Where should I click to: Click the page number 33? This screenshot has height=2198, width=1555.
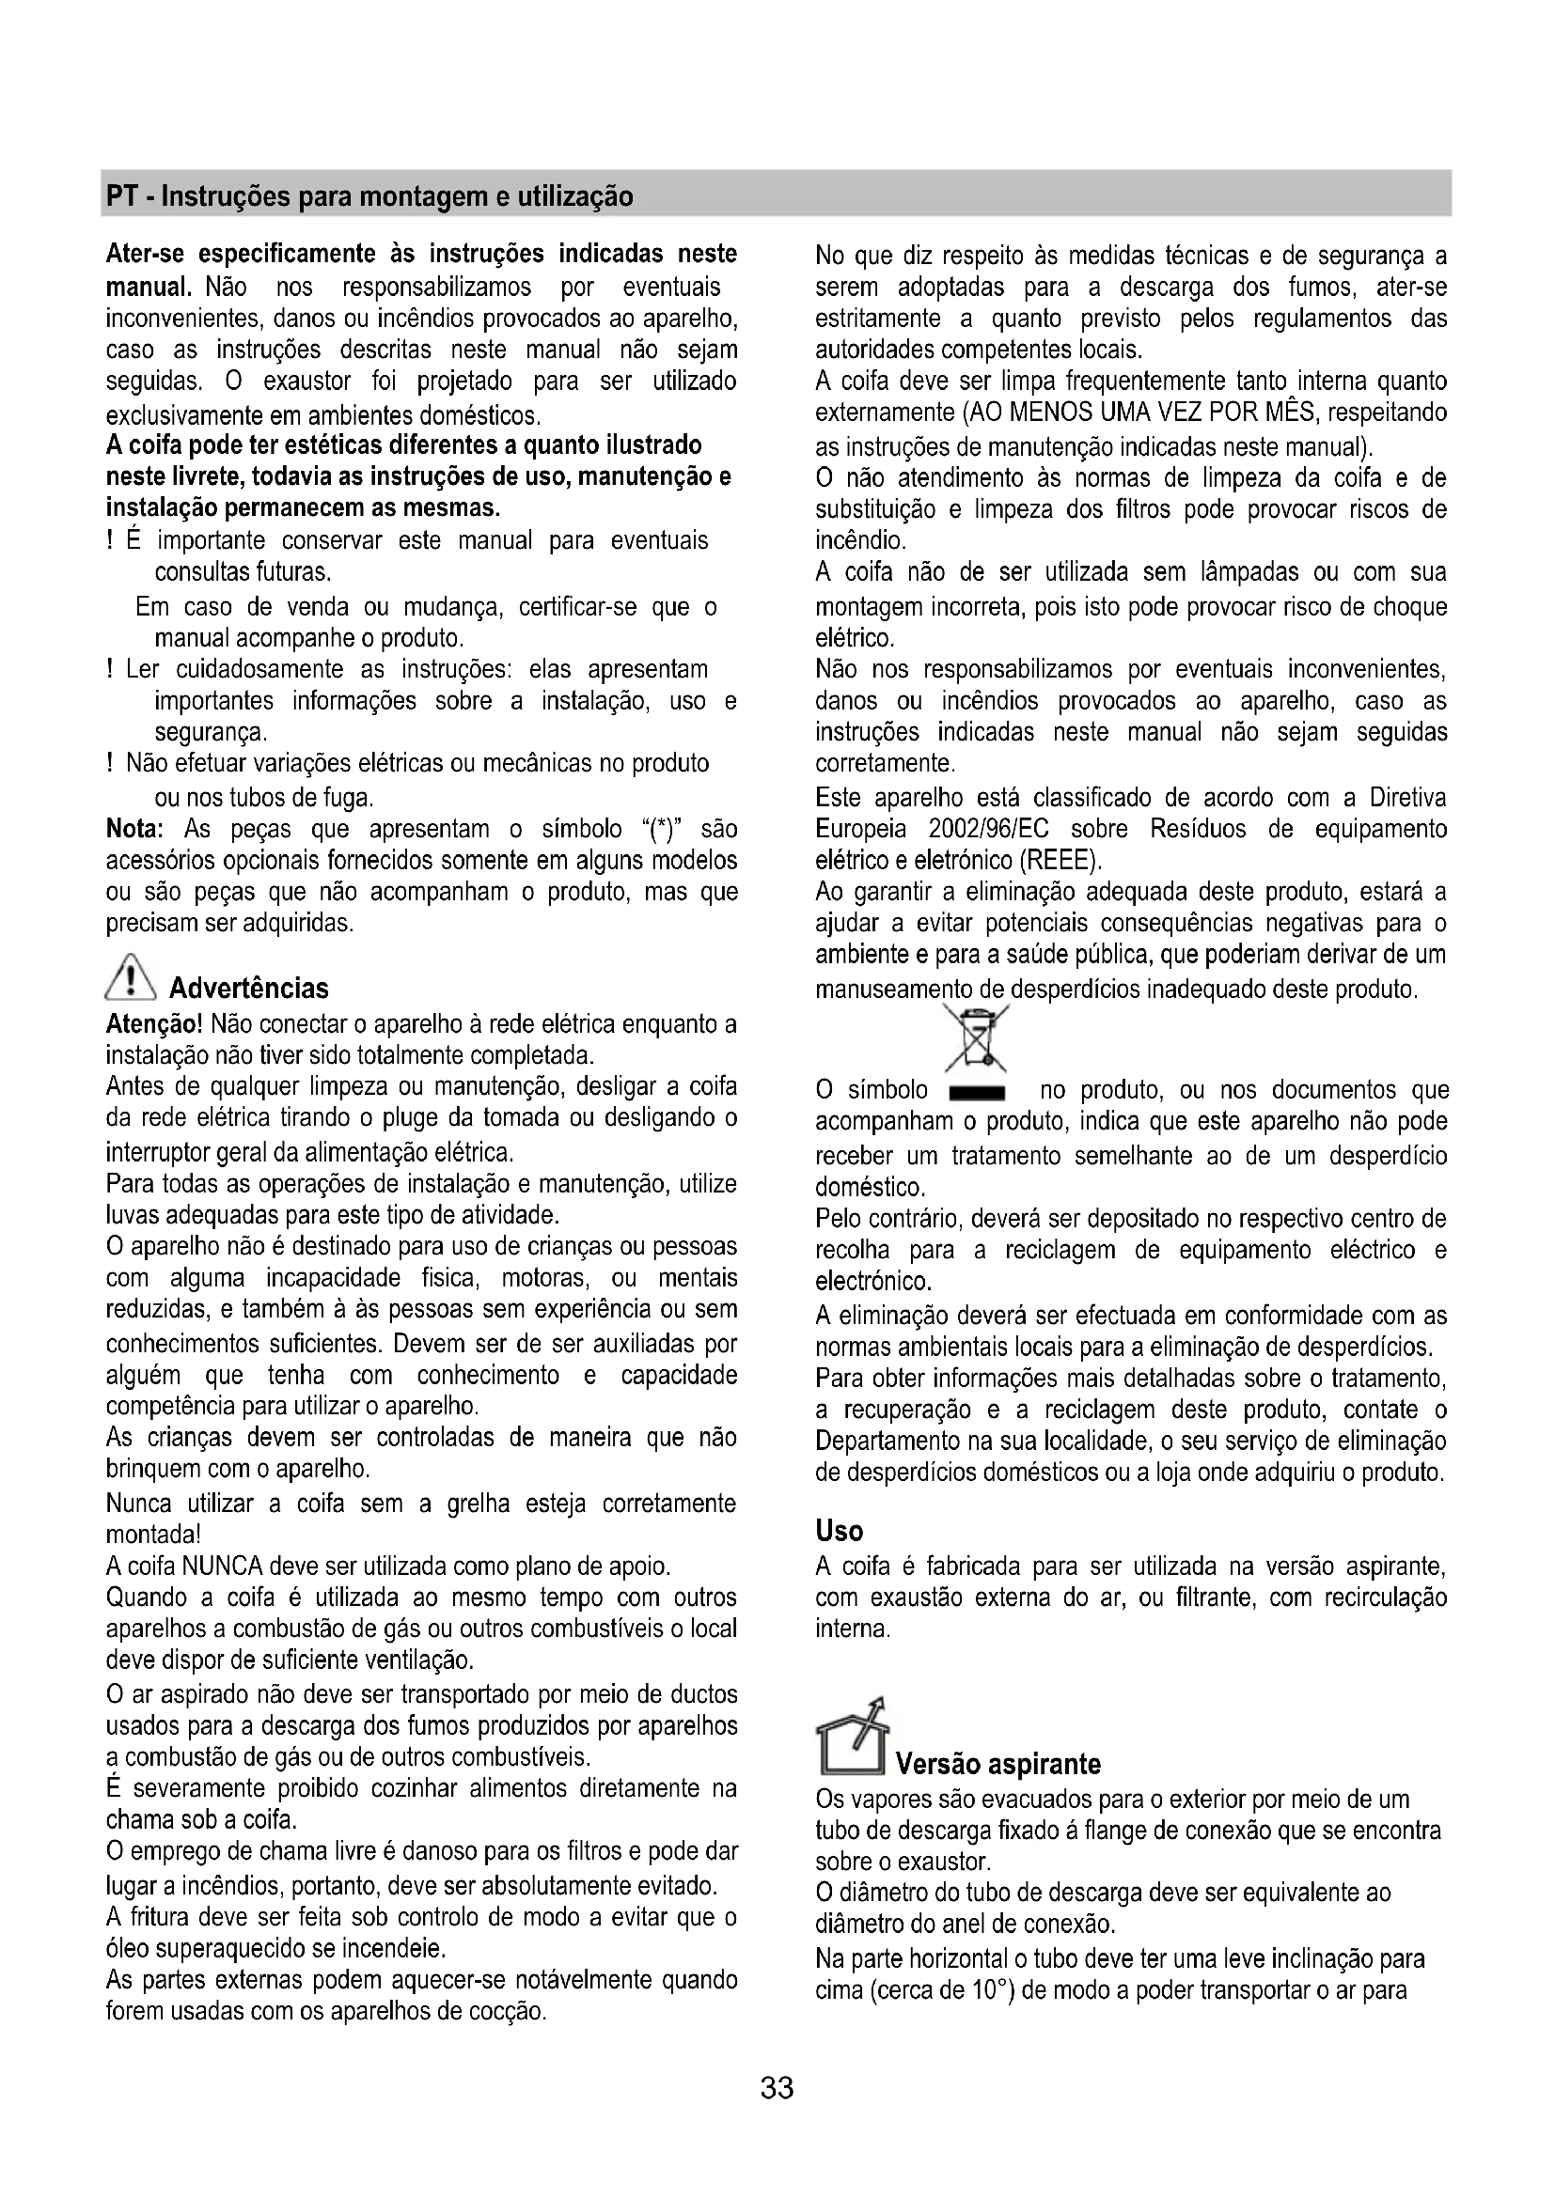tap(777, 2087)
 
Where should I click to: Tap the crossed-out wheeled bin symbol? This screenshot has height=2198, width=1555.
tap(976, 1038)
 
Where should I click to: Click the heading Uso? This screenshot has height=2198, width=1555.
tap(839, 1531)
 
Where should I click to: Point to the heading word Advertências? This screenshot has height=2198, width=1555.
tap(249, 988)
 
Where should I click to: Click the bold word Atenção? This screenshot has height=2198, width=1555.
tap(153, 1024)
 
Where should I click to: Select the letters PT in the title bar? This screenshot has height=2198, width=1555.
tap(120, 197)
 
